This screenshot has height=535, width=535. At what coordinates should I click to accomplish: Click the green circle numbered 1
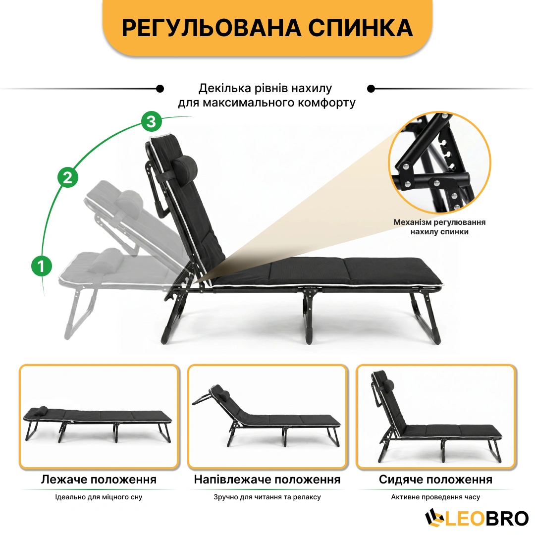click(42, 266)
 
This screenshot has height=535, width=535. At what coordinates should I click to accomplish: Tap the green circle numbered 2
click(67, 177)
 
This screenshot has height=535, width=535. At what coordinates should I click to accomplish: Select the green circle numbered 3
click(151, 121)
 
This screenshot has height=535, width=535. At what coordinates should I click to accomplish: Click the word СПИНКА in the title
click(361, 28)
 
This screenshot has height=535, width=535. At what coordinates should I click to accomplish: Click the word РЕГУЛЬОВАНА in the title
click(212, 28)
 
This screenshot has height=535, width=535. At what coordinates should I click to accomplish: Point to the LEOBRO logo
click(477, 518)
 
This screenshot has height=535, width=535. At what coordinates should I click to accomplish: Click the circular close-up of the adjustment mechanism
click(439, 163)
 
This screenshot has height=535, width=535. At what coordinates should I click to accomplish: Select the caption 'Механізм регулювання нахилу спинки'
click(439, 227)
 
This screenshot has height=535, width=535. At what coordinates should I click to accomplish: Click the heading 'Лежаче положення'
click(99, 480)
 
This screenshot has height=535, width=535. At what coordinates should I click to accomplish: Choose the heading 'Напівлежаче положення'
click(267, 480)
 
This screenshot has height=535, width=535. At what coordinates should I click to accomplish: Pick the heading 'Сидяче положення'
click(436, 480)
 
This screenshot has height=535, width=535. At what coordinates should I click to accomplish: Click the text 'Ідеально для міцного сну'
click(99, 497)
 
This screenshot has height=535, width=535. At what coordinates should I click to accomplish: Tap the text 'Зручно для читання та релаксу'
click(267, 497)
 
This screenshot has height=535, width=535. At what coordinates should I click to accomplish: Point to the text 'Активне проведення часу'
click(436, 497)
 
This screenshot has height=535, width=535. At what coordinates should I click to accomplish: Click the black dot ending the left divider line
click(160, 89)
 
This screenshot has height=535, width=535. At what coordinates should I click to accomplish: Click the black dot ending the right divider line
click(371, 89)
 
